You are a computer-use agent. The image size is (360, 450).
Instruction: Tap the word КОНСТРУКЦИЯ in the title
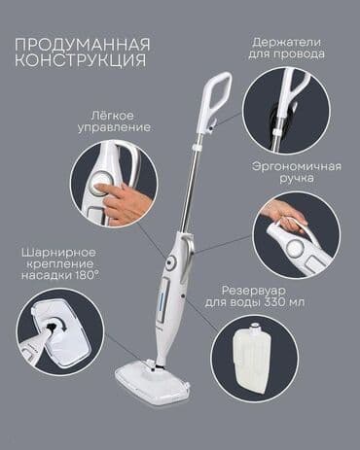(84, 61)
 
